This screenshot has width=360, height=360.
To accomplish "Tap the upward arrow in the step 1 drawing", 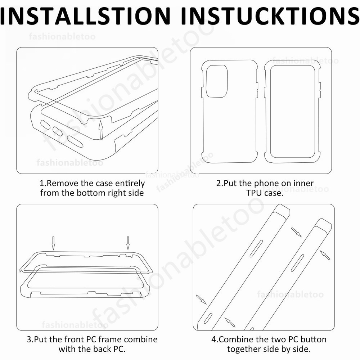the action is pyautogui.click(x=100, y=130).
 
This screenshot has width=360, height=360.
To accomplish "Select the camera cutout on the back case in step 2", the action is pyautogui.click(x=217, y=81).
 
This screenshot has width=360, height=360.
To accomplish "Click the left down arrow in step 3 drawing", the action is pyautogui.click(x=53, y=243).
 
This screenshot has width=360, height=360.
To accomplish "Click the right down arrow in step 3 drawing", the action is pyautogui.click(x=128, y=243).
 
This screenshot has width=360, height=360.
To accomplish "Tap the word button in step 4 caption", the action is pyautogui.click(x=314, y=339).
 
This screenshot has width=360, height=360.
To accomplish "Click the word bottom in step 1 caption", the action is pyautogui.click(x=91, y=193).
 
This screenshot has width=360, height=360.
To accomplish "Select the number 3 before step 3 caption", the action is pyautogui.click(x=29, y=339).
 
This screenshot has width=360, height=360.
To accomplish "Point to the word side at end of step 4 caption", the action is pyautogui.click(x=302, y=349).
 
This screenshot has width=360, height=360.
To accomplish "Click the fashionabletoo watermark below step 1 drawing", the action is pyautogui.click(x=70, y=163).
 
